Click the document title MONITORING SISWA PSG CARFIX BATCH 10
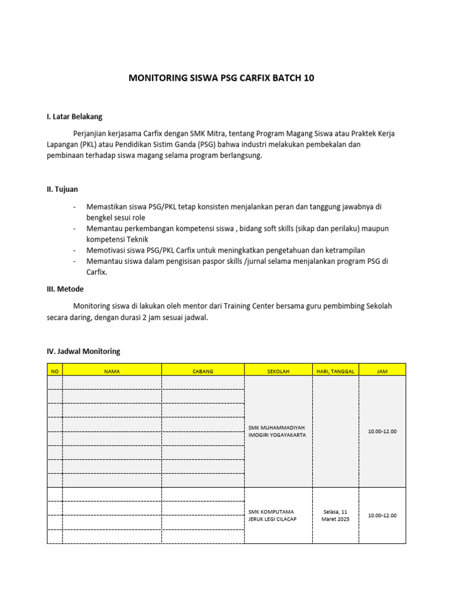(x=222, y=78)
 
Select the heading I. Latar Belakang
(x=74, y=116)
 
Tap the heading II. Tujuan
(x=62, y=189)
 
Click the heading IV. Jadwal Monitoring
(x=83, y=351)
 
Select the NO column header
(x=55, y=371)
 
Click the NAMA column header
(x=112, y=371)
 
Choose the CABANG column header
(x=203, y=371)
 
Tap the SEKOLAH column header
(x=278, y=371)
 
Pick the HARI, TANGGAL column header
(x=336, y=371)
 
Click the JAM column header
(x=382, y=371)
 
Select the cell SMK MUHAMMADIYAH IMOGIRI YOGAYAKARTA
(x=277, y=431)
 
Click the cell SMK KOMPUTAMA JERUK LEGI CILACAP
(x=272, y=515)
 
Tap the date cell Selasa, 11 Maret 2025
(x=336, y=515)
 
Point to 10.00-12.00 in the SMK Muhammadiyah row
(x=382, y=431)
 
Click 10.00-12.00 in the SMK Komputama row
(x=382, y=515)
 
